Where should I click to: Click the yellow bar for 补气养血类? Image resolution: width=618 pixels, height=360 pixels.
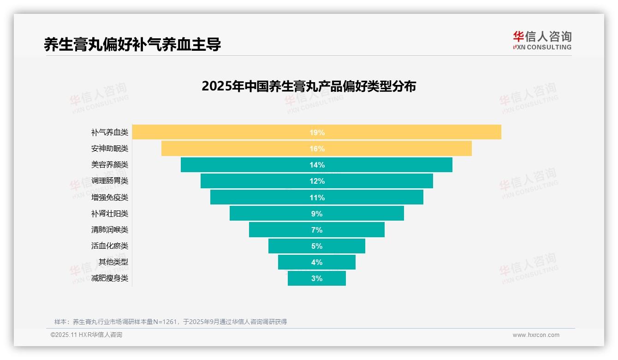(x=415, y=132)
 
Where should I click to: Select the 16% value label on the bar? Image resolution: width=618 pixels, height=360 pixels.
(x=317, y=149)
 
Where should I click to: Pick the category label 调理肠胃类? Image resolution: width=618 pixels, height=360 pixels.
(x=110, y=181)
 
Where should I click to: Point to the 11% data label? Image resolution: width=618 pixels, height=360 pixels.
(x=317, y=198)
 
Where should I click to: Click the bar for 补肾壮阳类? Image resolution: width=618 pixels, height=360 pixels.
(x=360, y=214)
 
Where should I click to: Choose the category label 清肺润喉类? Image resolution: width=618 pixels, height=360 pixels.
(x=110, y=229)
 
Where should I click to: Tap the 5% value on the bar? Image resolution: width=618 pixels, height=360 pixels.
(x=317, y=246)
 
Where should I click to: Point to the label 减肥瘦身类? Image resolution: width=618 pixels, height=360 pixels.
(x=110, y=278)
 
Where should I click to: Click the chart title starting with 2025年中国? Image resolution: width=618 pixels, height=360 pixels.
(x=309, y=86)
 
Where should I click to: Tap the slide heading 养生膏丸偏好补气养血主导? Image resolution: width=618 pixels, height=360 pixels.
(x=132, y=44)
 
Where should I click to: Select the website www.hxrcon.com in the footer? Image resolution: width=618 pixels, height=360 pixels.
(x=535, y=335)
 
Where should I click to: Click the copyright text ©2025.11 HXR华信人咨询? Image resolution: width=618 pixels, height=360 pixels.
(x=86, y=335)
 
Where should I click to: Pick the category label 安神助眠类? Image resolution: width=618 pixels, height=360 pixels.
(x=110, y=149)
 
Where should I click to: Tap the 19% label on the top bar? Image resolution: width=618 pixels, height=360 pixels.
(x=317, y=132)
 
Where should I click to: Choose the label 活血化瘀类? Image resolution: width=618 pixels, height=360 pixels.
(x=110, y=246)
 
